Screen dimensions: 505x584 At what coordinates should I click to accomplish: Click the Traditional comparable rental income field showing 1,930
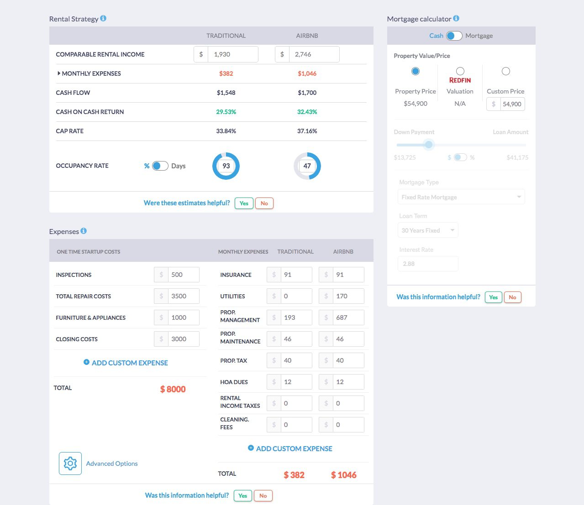pos(232,54)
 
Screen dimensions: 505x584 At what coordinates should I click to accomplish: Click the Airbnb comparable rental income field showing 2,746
pos(314,54)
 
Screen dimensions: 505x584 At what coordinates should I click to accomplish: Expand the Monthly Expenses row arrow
pos(59,73)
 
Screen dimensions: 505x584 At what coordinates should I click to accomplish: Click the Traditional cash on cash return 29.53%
pos(226,112)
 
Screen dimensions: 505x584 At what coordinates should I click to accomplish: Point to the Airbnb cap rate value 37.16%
pos(307,131)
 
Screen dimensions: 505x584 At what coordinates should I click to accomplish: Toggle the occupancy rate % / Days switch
pos(160,166)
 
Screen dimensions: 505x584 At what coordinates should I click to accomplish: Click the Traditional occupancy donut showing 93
pos(226,166)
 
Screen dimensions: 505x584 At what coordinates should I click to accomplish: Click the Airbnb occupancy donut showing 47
pos(307,166)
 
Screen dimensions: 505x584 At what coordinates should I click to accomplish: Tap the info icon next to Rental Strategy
pos(103,19)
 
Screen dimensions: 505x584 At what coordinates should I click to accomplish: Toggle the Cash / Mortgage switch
pos(454,36)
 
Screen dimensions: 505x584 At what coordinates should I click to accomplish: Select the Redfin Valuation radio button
pos(460,71)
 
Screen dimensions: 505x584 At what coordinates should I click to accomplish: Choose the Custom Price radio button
pos(505,71)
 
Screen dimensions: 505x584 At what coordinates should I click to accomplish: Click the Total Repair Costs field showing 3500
pos(183,296)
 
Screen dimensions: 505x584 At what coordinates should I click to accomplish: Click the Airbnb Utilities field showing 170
pos(348,296)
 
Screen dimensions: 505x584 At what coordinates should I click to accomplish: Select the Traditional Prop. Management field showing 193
pos(296,318)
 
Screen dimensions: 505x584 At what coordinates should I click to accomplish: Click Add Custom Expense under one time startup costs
pos(126,363)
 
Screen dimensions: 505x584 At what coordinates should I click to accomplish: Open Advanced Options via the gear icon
pos(70,463)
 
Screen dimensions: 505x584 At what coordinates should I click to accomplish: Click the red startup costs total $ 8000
pos(173,389)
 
